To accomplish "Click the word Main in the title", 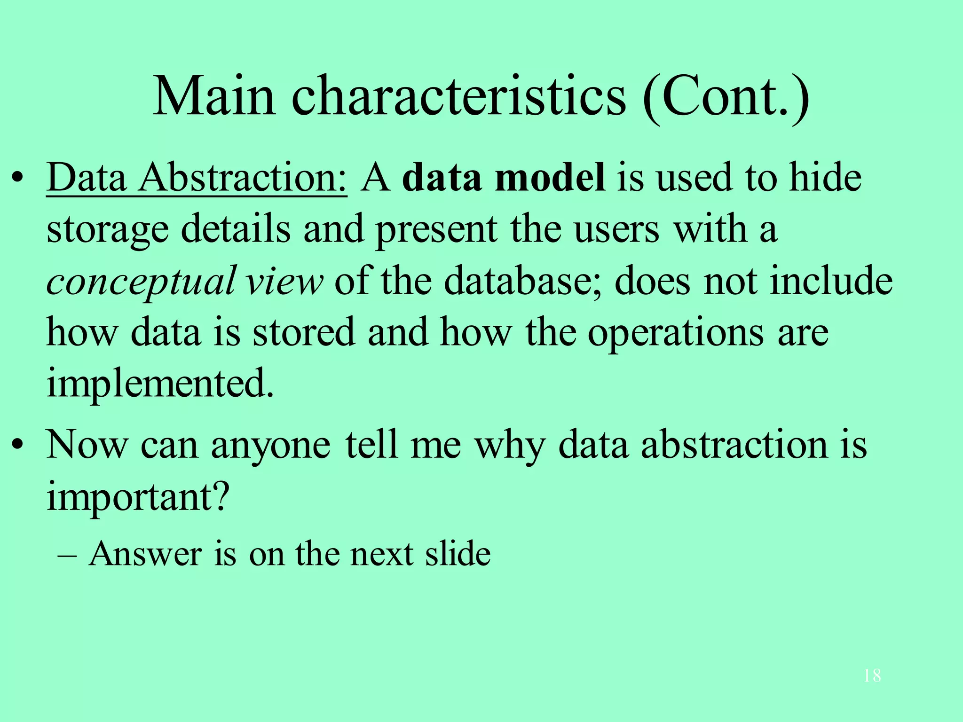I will tap(214, 97).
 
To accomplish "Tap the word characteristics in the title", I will tap(459, 97).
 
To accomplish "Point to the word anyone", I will tap(270, 446).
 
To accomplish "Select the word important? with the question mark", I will tap(138, 497).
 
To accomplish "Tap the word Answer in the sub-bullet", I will tap(145, 554).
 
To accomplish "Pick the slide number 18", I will tap(872, 676).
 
